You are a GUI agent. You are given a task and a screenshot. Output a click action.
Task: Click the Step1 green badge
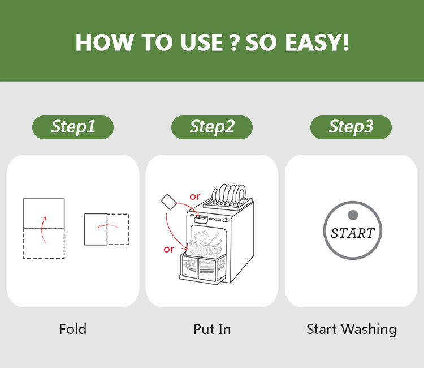tap(73, 127)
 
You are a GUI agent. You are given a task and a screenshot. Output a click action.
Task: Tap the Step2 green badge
tap(212, 127)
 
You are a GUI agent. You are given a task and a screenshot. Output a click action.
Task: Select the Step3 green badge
tap(351, 127)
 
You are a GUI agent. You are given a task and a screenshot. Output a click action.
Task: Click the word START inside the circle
tap(353, 233)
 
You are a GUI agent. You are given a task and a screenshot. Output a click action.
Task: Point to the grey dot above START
tap(353, 215)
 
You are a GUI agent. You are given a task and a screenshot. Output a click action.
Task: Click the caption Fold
tap(73, 329)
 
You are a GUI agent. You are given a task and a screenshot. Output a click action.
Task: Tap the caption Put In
tap(212, 329)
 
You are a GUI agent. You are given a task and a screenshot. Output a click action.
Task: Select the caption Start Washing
tap(352, 330)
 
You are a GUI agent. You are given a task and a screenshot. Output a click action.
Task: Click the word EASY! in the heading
tap(317, 42)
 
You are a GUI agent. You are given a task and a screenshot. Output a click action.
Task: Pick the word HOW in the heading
tap(105, 42)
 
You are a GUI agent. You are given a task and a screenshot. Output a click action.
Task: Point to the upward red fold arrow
tap(44, 230)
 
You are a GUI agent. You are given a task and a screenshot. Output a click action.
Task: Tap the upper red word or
tap(194, 196)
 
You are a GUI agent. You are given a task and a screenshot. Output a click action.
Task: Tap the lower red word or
tap(168, 249)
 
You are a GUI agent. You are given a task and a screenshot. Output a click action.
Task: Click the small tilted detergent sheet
tap(168, 202)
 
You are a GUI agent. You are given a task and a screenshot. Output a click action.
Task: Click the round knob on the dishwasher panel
tap(225, 220)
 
